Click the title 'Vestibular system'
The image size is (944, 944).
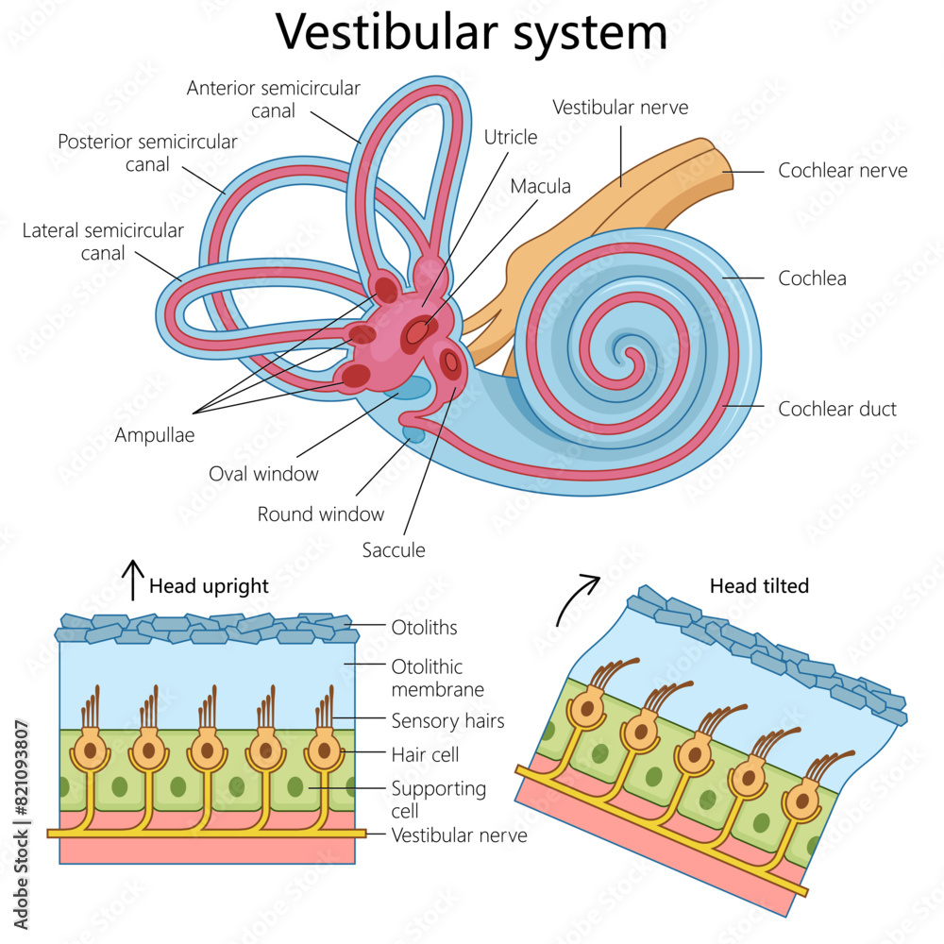[472, 33]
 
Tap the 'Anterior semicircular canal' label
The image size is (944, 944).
[274, 99]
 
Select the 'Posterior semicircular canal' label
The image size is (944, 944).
[148, 153]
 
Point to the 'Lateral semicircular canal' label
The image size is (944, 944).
[103, 242]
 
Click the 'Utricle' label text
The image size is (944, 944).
[511, 137]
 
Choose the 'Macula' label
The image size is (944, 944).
[541, 186]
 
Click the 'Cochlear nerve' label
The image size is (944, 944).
[842, 170]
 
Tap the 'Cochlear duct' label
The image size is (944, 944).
[836, 409]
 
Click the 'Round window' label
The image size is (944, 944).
[321, 514]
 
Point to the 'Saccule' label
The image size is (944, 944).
[394, 549]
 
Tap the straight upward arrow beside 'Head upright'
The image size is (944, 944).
[133, 579]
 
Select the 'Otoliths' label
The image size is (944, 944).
[424, 627]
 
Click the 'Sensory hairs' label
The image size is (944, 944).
[447, 721]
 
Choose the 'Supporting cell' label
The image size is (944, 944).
[439, 799]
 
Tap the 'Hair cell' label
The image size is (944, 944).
[425, 754]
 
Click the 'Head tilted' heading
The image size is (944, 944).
[759, 586]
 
